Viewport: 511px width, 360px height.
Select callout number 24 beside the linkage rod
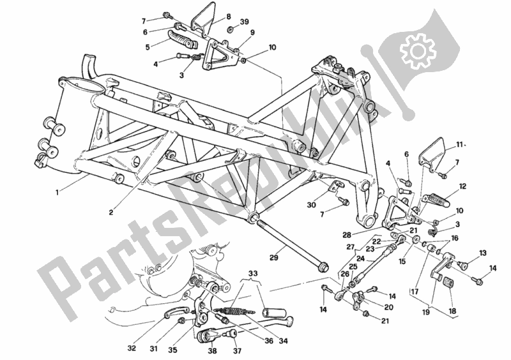pyautogui.click(x=361, y=259)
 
